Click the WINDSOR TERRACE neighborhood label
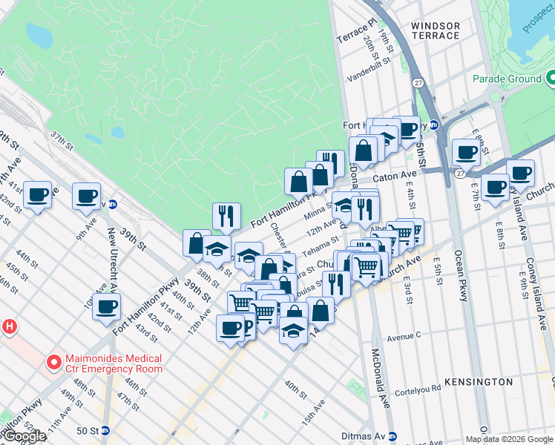(435, 30)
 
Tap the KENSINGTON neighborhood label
(479, 382)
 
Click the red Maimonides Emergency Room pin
(53, 363)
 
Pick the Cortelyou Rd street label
(418, 392)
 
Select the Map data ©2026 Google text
(509, 439)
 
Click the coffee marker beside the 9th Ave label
(86, 196)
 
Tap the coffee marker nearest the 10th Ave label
(106, 306)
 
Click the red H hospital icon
(9, 326)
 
